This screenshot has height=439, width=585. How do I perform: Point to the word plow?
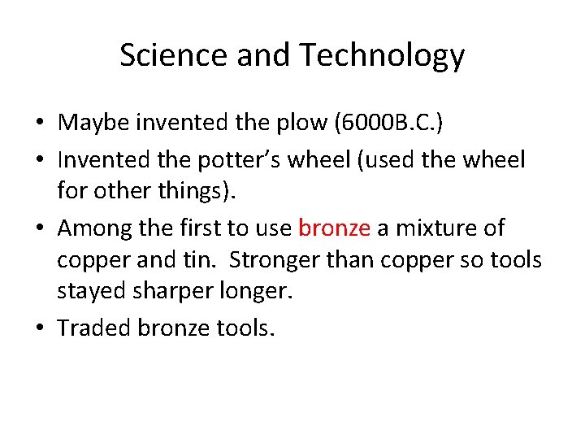[x=292, y=123]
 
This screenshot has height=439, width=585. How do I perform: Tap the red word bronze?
[x=334, y=228]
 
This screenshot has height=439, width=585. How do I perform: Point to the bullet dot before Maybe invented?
[x=39, y=124]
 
